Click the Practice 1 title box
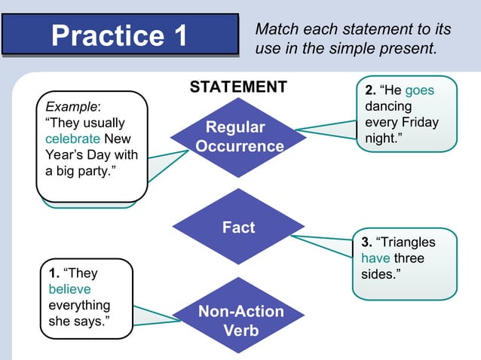121,35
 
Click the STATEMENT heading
238,87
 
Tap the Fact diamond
238,227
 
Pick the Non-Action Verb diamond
240,321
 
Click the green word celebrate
72,139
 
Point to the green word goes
419,90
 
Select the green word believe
69,289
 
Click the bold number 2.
369,90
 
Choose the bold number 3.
366,243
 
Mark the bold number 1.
53,273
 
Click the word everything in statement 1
79,305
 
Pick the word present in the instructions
411,50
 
